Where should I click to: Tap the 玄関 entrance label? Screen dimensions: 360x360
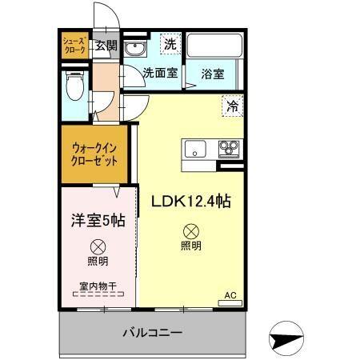click(x=106, y=45)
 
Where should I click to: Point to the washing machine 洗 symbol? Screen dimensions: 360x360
click(x=170, y=44)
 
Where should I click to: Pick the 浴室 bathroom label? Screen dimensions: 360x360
click(x=213, y=74)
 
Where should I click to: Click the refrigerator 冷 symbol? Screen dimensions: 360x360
click(x=233, y=105)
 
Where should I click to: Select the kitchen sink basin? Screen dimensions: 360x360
click(x=196, y=148)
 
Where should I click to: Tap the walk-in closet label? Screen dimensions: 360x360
click(x=94, y=154)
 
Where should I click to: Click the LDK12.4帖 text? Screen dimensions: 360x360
click(x=192, y=202)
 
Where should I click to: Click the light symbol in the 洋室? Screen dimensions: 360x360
click(x=98, y=246)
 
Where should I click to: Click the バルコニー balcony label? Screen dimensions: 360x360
click(x=152, y=332)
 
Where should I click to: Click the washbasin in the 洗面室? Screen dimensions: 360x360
click(x=137, y=49)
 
